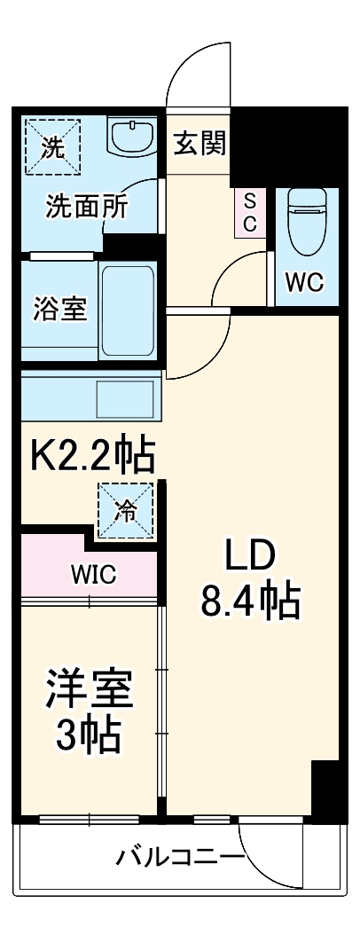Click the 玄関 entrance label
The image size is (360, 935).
[200, 143]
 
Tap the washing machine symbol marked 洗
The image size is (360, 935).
[52, 145]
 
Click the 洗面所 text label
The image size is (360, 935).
[87, 207]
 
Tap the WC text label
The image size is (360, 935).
[303, 283]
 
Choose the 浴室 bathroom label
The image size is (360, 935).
[59, 310]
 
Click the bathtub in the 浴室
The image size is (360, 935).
[129, 312]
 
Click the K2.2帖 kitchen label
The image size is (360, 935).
[92, 457]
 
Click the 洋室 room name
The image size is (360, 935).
[90, 687]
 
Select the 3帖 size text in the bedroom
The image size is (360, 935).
[89, 735]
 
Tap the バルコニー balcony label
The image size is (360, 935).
[180, 858]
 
